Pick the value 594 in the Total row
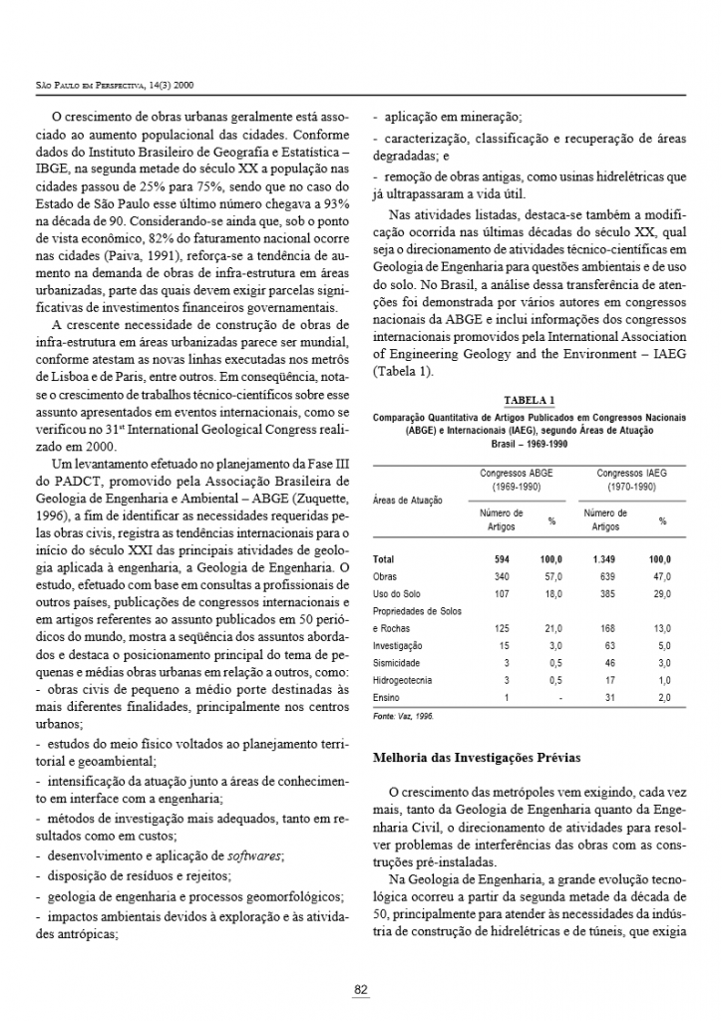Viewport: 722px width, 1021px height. click(502, 559)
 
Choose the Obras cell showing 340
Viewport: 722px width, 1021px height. click(502, 576)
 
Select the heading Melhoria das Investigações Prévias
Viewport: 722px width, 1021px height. click(476, 758)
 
